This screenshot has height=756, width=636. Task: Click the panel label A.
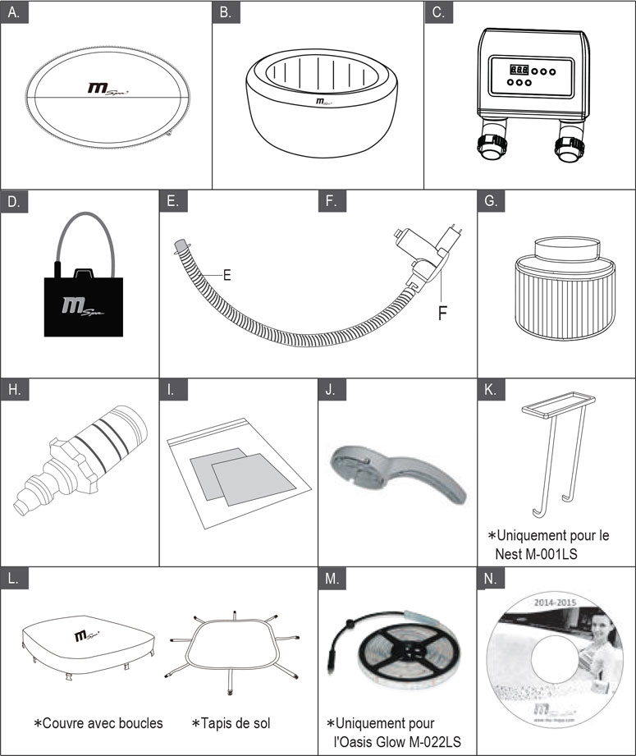(x=16, y=13)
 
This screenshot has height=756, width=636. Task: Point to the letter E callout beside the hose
(x=227, y=276)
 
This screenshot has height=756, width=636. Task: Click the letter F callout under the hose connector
(x=442, y=313)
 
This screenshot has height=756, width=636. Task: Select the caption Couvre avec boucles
(x=98, y=722)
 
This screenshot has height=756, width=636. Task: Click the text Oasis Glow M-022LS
(x=399, y=742)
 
